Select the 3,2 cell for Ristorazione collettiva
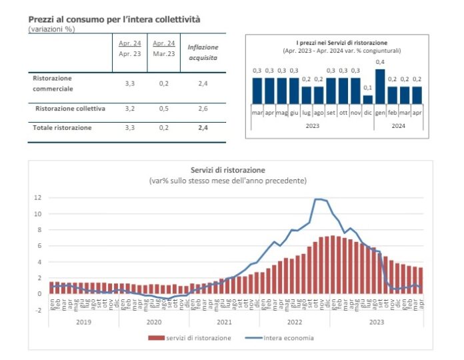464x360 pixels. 131,108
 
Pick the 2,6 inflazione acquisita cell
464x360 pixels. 203,108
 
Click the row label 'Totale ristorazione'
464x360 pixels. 63,127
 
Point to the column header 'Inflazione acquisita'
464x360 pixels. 203,52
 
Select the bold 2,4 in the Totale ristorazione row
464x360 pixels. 203,127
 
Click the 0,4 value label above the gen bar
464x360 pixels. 380,62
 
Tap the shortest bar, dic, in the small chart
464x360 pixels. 367,99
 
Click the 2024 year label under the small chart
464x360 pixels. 399,124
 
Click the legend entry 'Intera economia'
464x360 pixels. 287,338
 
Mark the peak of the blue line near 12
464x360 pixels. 319,199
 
